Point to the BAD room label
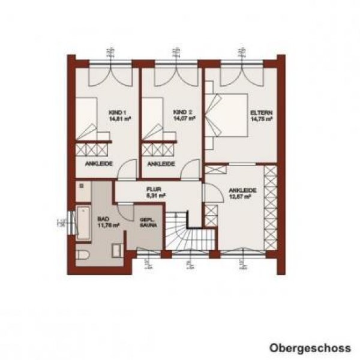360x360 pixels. pyautogui.click(x=104, y=219)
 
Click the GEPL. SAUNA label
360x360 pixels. pyautogui.click(x=148, y=223)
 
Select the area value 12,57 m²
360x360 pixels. pyautogui.click(x=242, y=197)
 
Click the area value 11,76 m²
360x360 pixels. pyautogui.click(x=109, y=225)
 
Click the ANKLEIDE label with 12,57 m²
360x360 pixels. pyautogui.click(x=242, y=190)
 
